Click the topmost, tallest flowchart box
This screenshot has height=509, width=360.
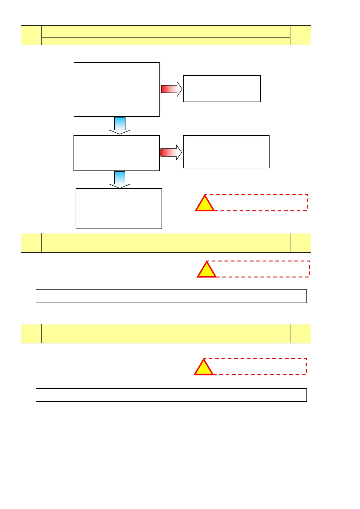click(x=117, y=89)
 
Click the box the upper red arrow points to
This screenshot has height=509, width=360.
click(x=222, y=89)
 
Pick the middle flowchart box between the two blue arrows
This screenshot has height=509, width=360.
click(x=116, y=153)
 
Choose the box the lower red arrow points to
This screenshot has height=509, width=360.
click(x=226, y=152)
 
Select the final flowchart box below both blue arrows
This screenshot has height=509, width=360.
click(x=119, y=209)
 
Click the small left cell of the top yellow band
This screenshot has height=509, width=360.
click(x=31, y=35)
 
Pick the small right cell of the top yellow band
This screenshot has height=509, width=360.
click(x=300, y=35)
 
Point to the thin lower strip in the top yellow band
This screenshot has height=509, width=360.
click(x=166, y=41)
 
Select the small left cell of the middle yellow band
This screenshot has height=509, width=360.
click(x=31, y=243)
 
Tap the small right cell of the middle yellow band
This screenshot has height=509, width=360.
click(x=300, y=243)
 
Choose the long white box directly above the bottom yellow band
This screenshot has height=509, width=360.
click(x=171, y=296)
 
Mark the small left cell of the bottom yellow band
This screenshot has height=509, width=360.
click(x=31, y=333)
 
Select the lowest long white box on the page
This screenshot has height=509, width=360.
click(x=171, y=395)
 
